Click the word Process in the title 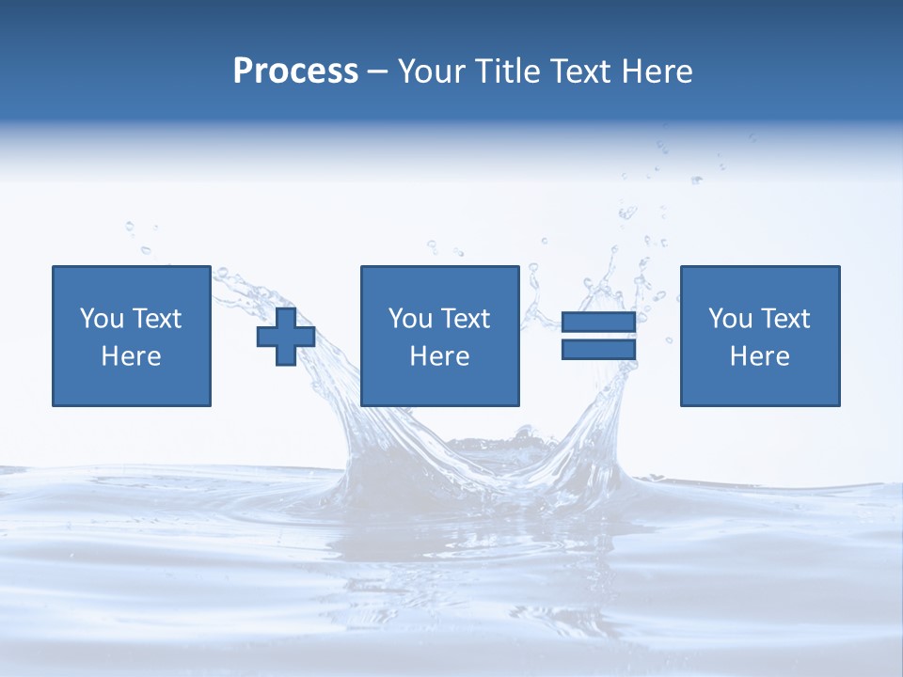[295, 71]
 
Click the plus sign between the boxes [286, 337]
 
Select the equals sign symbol [598, 336]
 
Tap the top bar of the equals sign [598, 323]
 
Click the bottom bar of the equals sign [598, 349]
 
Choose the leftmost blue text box [132, 336]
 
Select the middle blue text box [439, 336]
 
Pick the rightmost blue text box [760, 336]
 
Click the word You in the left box [102, 319]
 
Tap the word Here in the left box [132, 356]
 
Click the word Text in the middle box [466, 319]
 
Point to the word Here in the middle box [439, 356]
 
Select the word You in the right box [730, 319]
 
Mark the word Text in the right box [785, 319]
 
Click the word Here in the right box [760, 356]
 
